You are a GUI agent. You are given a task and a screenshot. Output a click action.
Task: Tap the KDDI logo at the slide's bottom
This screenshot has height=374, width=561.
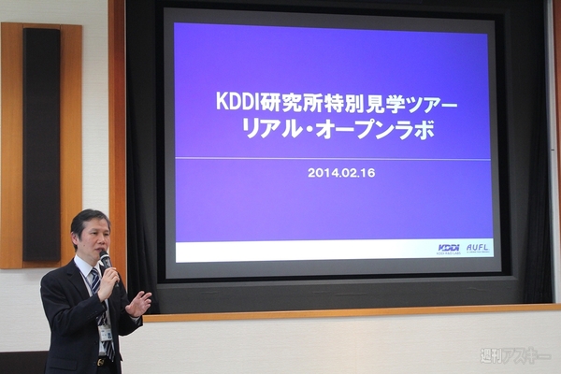point(449,248)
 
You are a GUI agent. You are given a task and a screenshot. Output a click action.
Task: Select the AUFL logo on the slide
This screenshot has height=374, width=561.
point(478,248)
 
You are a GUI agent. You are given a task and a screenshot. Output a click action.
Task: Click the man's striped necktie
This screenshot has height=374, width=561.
point(99,309)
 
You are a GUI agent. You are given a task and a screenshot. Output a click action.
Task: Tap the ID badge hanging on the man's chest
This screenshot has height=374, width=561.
point(106,333)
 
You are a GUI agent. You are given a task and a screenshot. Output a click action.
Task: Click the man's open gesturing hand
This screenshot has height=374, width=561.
point(138,302)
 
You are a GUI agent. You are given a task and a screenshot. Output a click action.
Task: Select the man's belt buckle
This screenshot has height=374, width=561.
point(99,361)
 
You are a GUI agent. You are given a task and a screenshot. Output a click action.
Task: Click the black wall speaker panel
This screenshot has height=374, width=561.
point(42,144)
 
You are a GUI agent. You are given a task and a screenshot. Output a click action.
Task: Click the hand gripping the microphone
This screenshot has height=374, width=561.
point(110,278)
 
